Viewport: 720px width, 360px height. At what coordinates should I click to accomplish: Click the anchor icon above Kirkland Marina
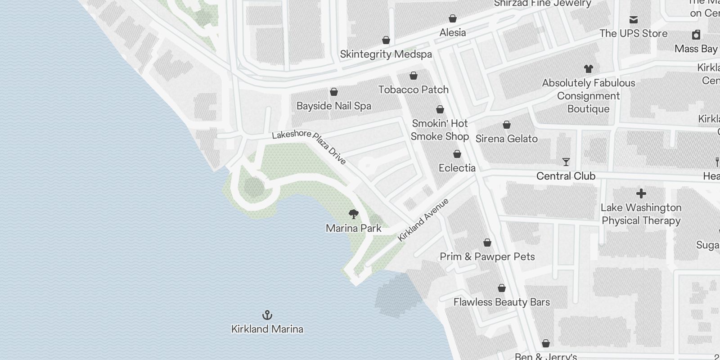pyautogui.click(x=267, y=315)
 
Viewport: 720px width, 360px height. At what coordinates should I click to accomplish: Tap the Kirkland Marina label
pyautogui.click(x=267, y=329)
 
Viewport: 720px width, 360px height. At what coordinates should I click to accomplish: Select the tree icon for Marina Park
pyautogui.click(x=354, y=214)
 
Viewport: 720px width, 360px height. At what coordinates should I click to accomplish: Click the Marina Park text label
pyautogui.click(x=354, y=228)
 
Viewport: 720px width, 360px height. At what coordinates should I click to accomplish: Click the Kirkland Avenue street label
pyautogui.click(x=423, y=220)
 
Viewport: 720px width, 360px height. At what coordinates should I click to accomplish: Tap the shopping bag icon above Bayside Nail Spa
pyautogui.click(x=334, y=92)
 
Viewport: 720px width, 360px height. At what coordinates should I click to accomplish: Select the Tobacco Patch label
pyautogui.click(x=413, y=90)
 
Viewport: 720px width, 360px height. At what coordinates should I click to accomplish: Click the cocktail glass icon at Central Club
pyautogui.click(x=566, y=162)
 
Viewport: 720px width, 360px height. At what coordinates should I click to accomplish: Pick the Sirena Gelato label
pyautogui.click(x=506, y=139)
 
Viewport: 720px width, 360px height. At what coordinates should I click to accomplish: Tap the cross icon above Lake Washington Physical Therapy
pyautogui.click(x=641, y=193)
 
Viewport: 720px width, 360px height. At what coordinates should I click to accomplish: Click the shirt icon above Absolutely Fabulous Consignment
pyautogui.click(x=588, y=69)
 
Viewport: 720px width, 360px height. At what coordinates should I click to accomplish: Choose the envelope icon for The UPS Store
pyautogui.click(x=633, y=19)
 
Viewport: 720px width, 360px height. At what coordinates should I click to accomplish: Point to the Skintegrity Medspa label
pyautogui.click(x=386, y=54)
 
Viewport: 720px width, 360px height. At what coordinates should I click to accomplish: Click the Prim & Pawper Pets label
pyautogui.click(x=487, y=256)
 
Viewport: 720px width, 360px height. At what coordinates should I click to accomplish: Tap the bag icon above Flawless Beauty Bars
pyautogui.click(x=501, y=288)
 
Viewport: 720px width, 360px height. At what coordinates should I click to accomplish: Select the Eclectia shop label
pyautogui.click(x=457, y=168)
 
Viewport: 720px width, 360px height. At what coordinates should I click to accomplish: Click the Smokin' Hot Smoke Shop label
pyautogui.click(x=440, y=130)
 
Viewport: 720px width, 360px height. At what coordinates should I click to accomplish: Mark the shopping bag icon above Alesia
pyautogui.click(x=452, y=18)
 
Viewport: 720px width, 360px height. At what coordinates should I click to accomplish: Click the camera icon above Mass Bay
pyautogui.click(x=696, y=35)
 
